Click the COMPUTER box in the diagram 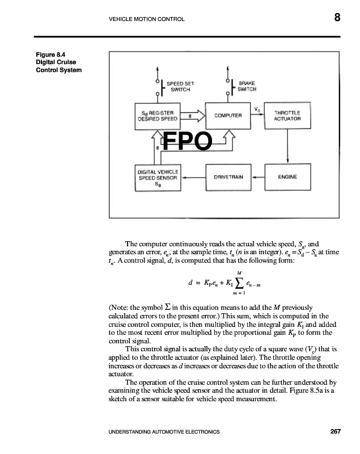point(228,115)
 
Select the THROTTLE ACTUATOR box point(287,116)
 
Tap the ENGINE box point(287,177)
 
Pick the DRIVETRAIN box point(228,177)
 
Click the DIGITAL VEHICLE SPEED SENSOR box point(158,177)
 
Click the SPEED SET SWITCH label point(177,86)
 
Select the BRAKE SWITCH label point(247,86)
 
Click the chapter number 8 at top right point(337,18)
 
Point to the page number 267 point(335,432)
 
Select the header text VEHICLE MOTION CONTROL point(146,19)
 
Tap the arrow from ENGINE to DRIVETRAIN point(258,177)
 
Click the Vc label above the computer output point(257,109)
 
